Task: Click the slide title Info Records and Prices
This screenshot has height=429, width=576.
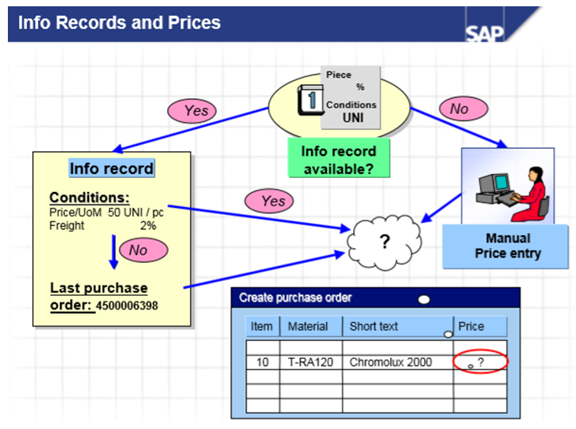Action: (120, 23)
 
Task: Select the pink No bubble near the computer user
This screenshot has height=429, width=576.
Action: (459, 109)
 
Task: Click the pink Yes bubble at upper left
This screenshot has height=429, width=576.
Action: (195, 111)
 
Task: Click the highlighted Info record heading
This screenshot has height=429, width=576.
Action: (111, 168)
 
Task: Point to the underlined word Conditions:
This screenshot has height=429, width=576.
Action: (89, 198)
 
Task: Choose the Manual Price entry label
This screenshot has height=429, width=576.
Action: (507, 246)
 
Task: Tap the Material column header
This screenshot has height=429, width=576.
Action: (308, 326)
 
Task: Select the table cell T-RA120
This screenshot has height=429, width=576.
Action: (308, 362)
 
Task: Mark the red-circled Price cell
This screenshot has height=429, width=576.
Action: (481, 362)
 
